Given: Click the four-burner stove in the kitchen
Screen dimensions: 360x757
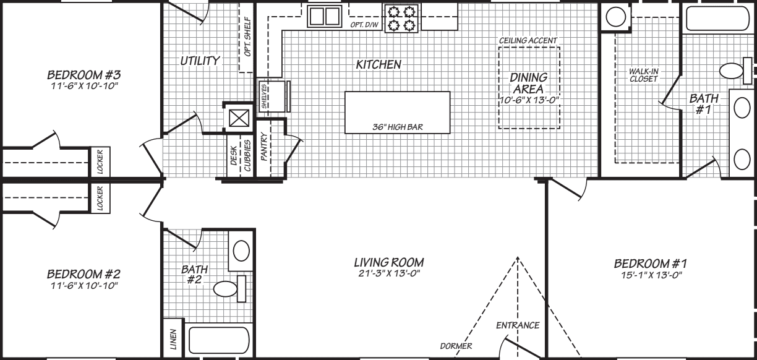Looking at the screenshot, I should [x=400, y=18].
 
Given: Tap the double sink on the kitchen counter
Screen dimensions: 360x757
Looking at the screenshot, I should [x=325, y=16].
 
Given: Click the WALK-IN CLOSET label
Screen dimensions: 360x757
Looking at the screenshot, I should [x=644, y=75].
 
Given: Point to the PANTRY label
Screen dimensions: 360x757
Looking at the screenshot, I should [x=264, y=147].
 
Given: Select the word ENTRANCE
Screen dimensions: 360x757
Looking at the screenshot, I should [x=518, y=325].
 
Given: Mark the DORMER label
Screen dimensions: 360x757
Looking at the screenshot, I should [x=456, y=346].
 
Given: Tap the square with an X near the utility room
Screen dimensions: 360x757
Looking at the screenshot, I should [x=239, y=117].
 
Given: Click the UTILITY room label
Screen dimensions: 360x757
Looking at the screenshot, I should [x=200, y=61].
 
